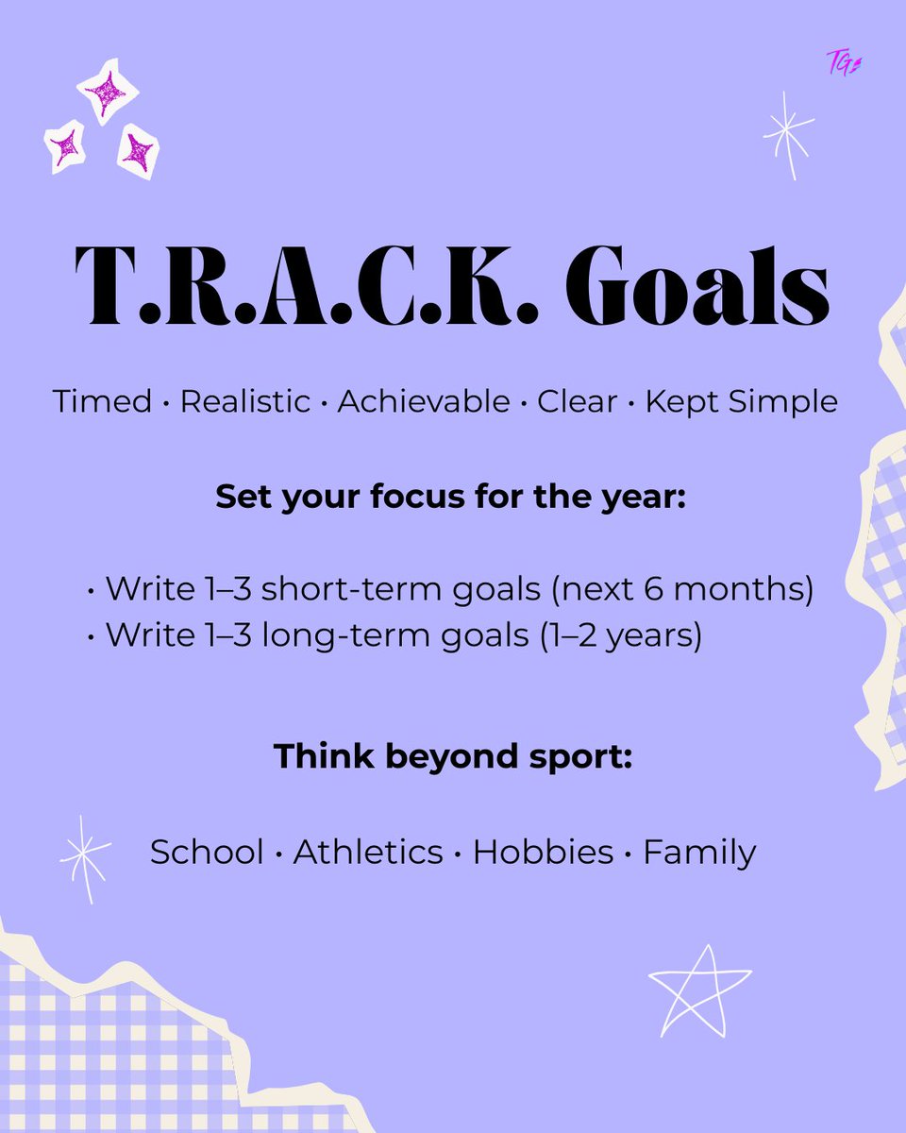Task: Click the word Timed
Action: (x=102, y=401)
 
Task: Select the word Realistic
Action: (x=245, y=401)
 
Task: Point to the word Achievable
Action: (x=423, y=401)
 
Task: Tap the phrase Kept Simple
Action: (x=741, y=401)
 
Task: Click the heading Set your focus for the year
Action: (x=452, y=497)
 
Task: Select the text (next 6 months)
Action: (x=681, y=589)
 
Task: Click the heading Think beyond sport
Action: (x=452, y=756)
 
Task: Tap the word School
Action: (x=207, y=853)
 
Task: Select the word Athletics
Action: (x=368, y=853)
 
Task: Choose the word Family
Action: (x=699, y=853)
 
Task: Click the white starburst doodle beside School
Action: (x=84, y=857)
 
